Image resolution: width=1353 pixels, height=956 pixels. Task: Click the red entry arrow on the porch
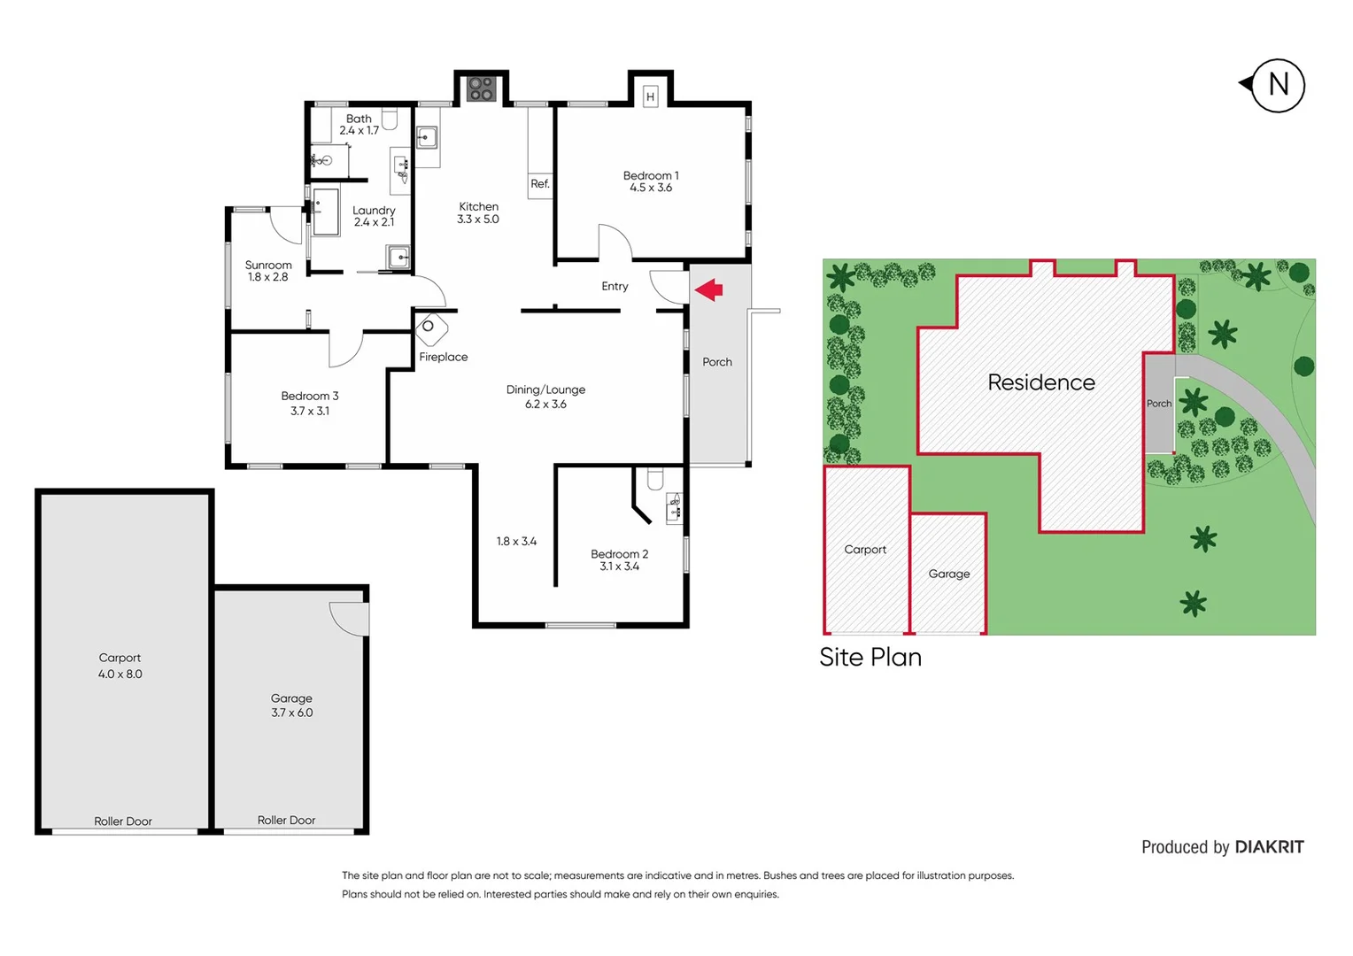click(x=709, y=289)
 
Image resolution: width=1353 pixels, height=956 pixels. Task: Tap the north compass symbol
click(x=1277, y=85)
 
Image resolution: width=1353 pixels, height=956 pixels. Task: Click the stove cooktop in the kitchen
click(x=481, y=89)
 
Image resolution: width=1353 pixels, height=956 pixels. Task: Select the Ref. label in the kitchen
click(x=540, y=184)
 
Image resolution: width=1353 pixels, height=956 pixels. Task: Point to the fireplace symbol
click(x=431, y=329)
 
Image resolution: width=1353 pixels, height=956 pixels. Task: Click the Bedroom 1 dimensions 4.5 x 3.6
click(x=651, y=188)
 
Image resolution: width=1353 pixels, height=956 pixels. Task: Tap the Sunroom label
click(x=268, y=265)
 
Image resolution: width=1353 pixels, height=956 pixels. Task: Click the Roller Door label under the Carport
click(x=123, y=821)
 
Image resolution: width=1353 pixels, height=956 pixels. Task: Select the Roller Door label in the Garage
click(x=286, y=821)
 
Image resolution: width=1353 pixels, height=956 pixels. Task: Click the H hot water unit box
click(x=650, y=96)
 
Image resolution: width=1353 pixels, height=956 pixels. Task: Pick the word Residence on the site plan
click(x=1041, y=382)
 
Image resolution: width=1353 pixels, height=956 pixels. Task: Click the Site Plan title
click(x=870, y=657)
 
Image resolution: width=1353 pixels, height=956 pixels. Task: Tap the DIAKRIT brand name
click(x=1269, y=847)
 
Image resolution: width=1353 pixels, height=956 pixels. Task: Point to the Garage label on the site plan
click(x=949, y=574)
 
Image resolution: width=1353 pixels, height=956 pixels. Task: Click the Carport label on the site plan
click(x=865, y=549)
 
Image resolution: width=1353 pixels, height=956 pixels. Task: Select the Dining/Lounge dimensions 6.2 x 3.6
click(x=545, y=405)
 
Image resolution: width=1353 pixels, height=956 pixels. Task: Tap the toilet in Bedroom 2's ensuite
click(x=655, y=479)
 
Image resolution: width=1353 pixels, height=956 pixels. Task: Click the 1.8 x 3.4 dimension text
click(x=516, y=541)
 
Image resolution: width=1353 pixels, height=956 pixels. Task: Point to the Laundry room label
click(x=374, y=211)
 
